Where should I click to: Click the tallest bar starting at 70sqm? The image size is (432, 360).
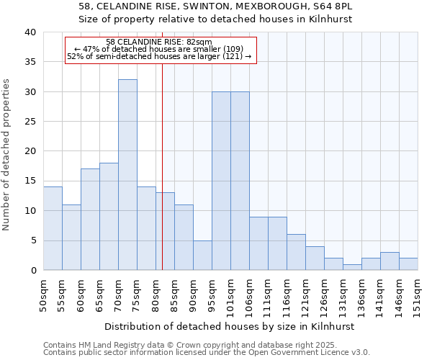[x=127, y=175]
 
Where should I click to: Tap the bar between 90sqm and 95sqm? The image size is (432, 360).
[x=202, y=255]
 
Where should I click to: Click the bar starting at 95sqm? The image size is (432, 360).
[x=221, y=181]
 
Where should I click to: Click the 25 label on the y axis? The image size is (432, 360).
[x=30, y=122]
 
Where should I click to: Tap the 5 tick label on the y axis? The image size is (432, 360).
[x=33, y=240]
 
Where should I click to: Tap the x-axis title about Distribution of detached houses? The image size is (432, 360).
[x=230, y=326]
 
